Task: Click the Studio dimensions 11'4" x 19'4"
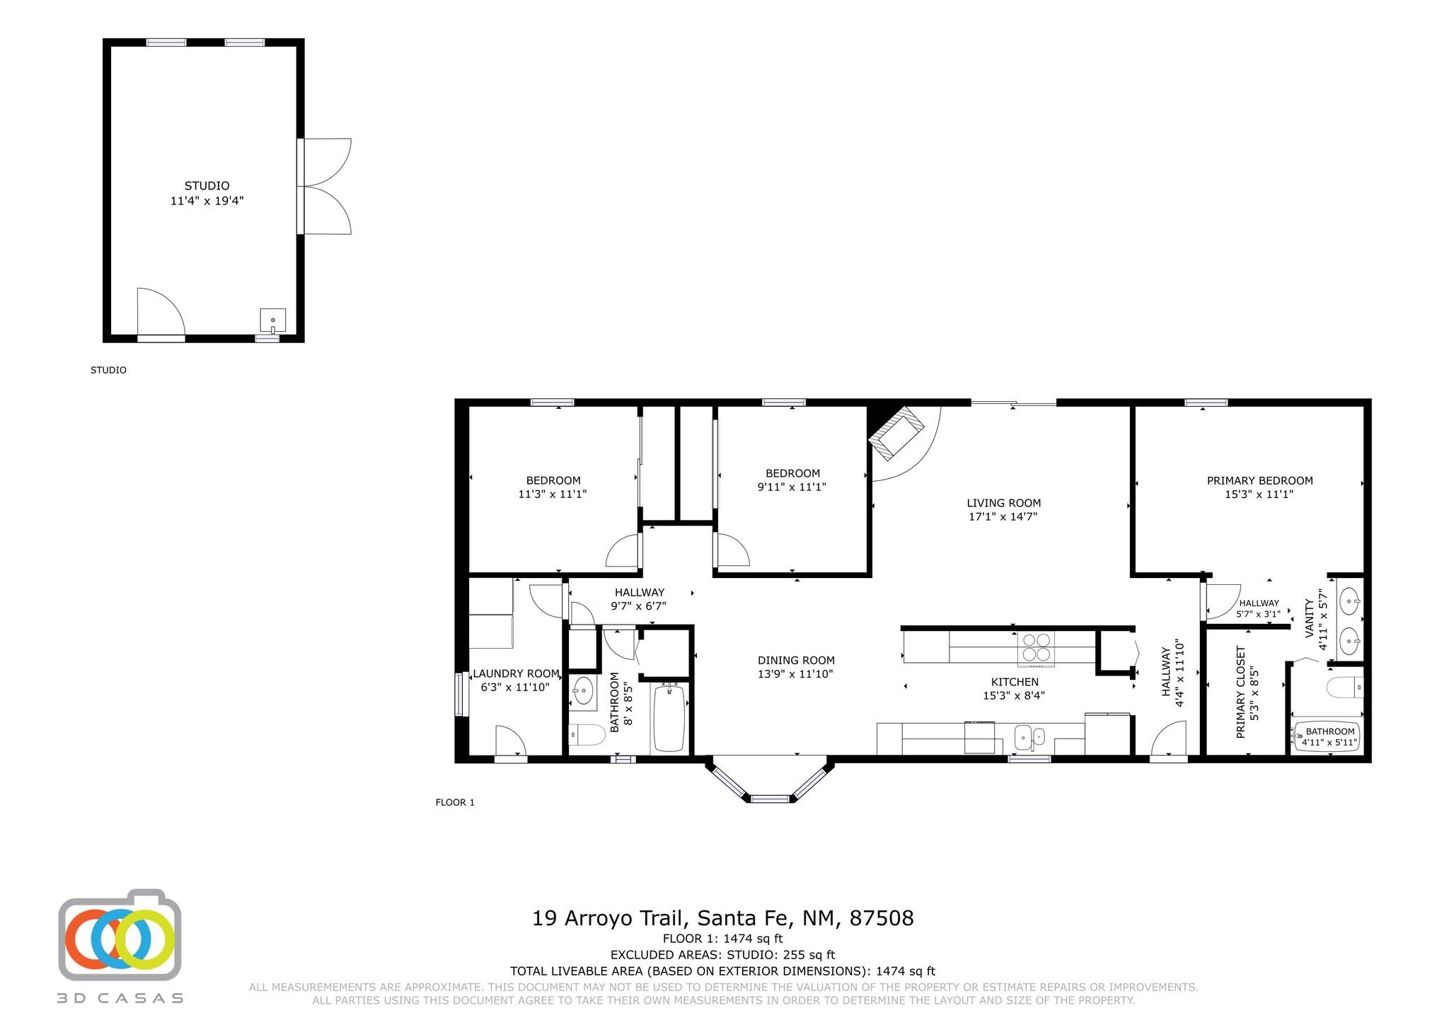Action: click(x=207, y=201)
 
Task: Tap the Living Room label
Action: click(x=1004, y=503)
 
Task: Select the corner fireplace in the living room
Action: click(x=896, y=432)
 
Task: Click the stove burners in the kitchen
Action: click(x=1036, y=647)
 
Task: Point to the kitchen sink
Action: click(x=1030, y=738)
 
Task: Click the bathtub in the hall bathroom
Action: click(x=669, y=717)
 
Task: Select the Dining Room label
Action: click(x=796, y=661)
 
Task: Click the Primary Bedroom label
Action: click(x=1259, y=481)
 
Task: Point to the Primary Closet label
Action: click(x=1240, y=692)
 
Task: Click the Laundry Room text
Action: click(x=516, y=673)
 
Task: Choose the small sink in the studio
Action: click(x=272, y=320)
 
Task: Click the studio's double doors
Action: click(x=324, y=186)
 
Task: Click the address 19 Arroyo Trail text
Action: click(x=610, y=918)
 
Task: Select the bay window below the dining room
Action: click(x=770, y=780)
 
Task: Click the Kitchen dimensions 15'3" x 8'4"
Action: click(x=1014, y=695)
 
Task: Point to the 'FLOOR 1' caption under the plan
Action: click(x=455, y=802)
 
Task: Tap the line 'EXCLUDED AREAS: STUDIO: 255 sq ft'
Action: click(x=722, y=955)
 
